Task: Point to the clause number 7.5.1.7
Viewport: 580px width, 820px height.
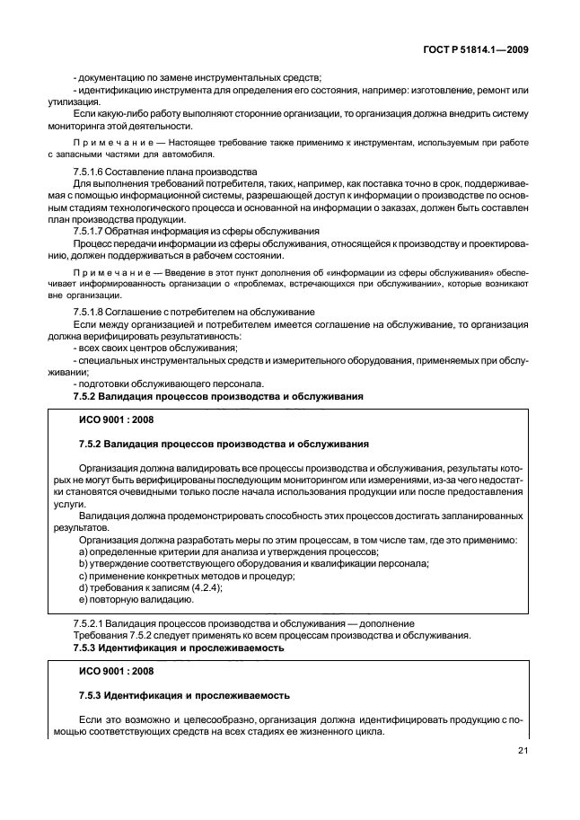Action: (x=91, y=230)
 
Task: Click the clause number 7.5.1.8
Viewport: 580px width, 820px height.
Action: (x=91, y=310)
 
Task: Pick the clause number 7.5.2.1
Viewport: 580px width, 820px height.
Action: (x=91, y=624)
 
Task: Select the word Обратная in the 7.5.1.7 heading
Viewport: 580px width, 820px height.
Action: (x=133, y=230)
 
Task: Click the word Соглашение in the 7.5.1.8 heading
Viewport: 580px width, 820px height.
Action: (x=138, y=310)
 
